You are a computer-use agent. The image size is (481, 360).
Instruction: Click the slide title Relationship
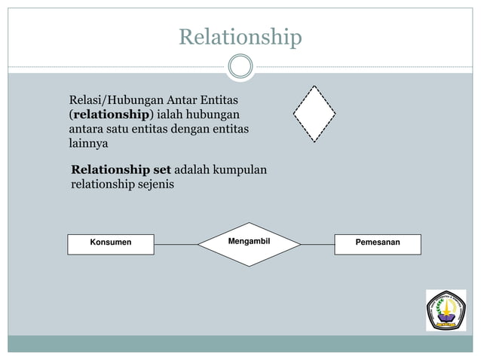click(240, 36)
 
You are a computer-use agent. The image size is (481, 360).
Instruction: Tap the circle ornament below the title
click(240, 66)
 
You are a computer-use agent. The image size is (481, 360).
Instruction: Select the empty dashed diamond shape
click(314, 114)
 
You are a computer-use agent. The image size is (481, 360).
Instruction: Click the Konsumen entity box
click(111, 243)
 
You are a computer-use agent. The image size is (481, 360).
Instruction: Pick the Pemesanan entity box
click(378, 243)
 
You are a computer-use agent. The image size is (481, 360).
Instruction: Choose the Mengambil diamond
click(249, 243)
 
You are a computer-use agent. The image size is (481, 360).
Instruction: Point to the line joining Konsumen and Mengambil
click(176, 244)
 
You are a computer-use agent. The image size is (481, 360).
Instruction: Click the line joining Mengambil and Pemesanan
click(317, 244)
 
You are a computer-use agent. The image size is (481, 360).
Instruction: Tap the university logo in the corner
click(446, 310)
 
